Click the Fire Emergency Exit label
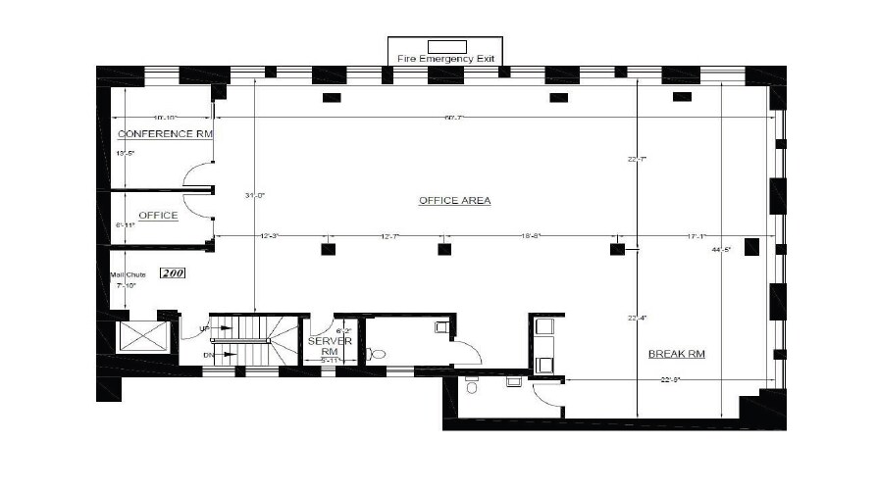click(447, 59)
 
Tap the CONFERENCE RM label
click(165, 133)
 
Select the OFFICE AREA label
click(454, 201)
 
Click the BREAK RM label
click(678, 354)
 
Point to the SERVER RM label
click(323, 347)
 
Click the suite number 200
click(173, 274)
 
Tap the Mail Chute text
click(128, 274)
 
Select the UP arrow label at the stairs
click(204, 327)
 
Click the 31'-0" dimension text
click(255, 195)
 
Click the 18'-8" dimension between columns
click(532, 236)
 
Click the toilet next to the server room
click(378, 354)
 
